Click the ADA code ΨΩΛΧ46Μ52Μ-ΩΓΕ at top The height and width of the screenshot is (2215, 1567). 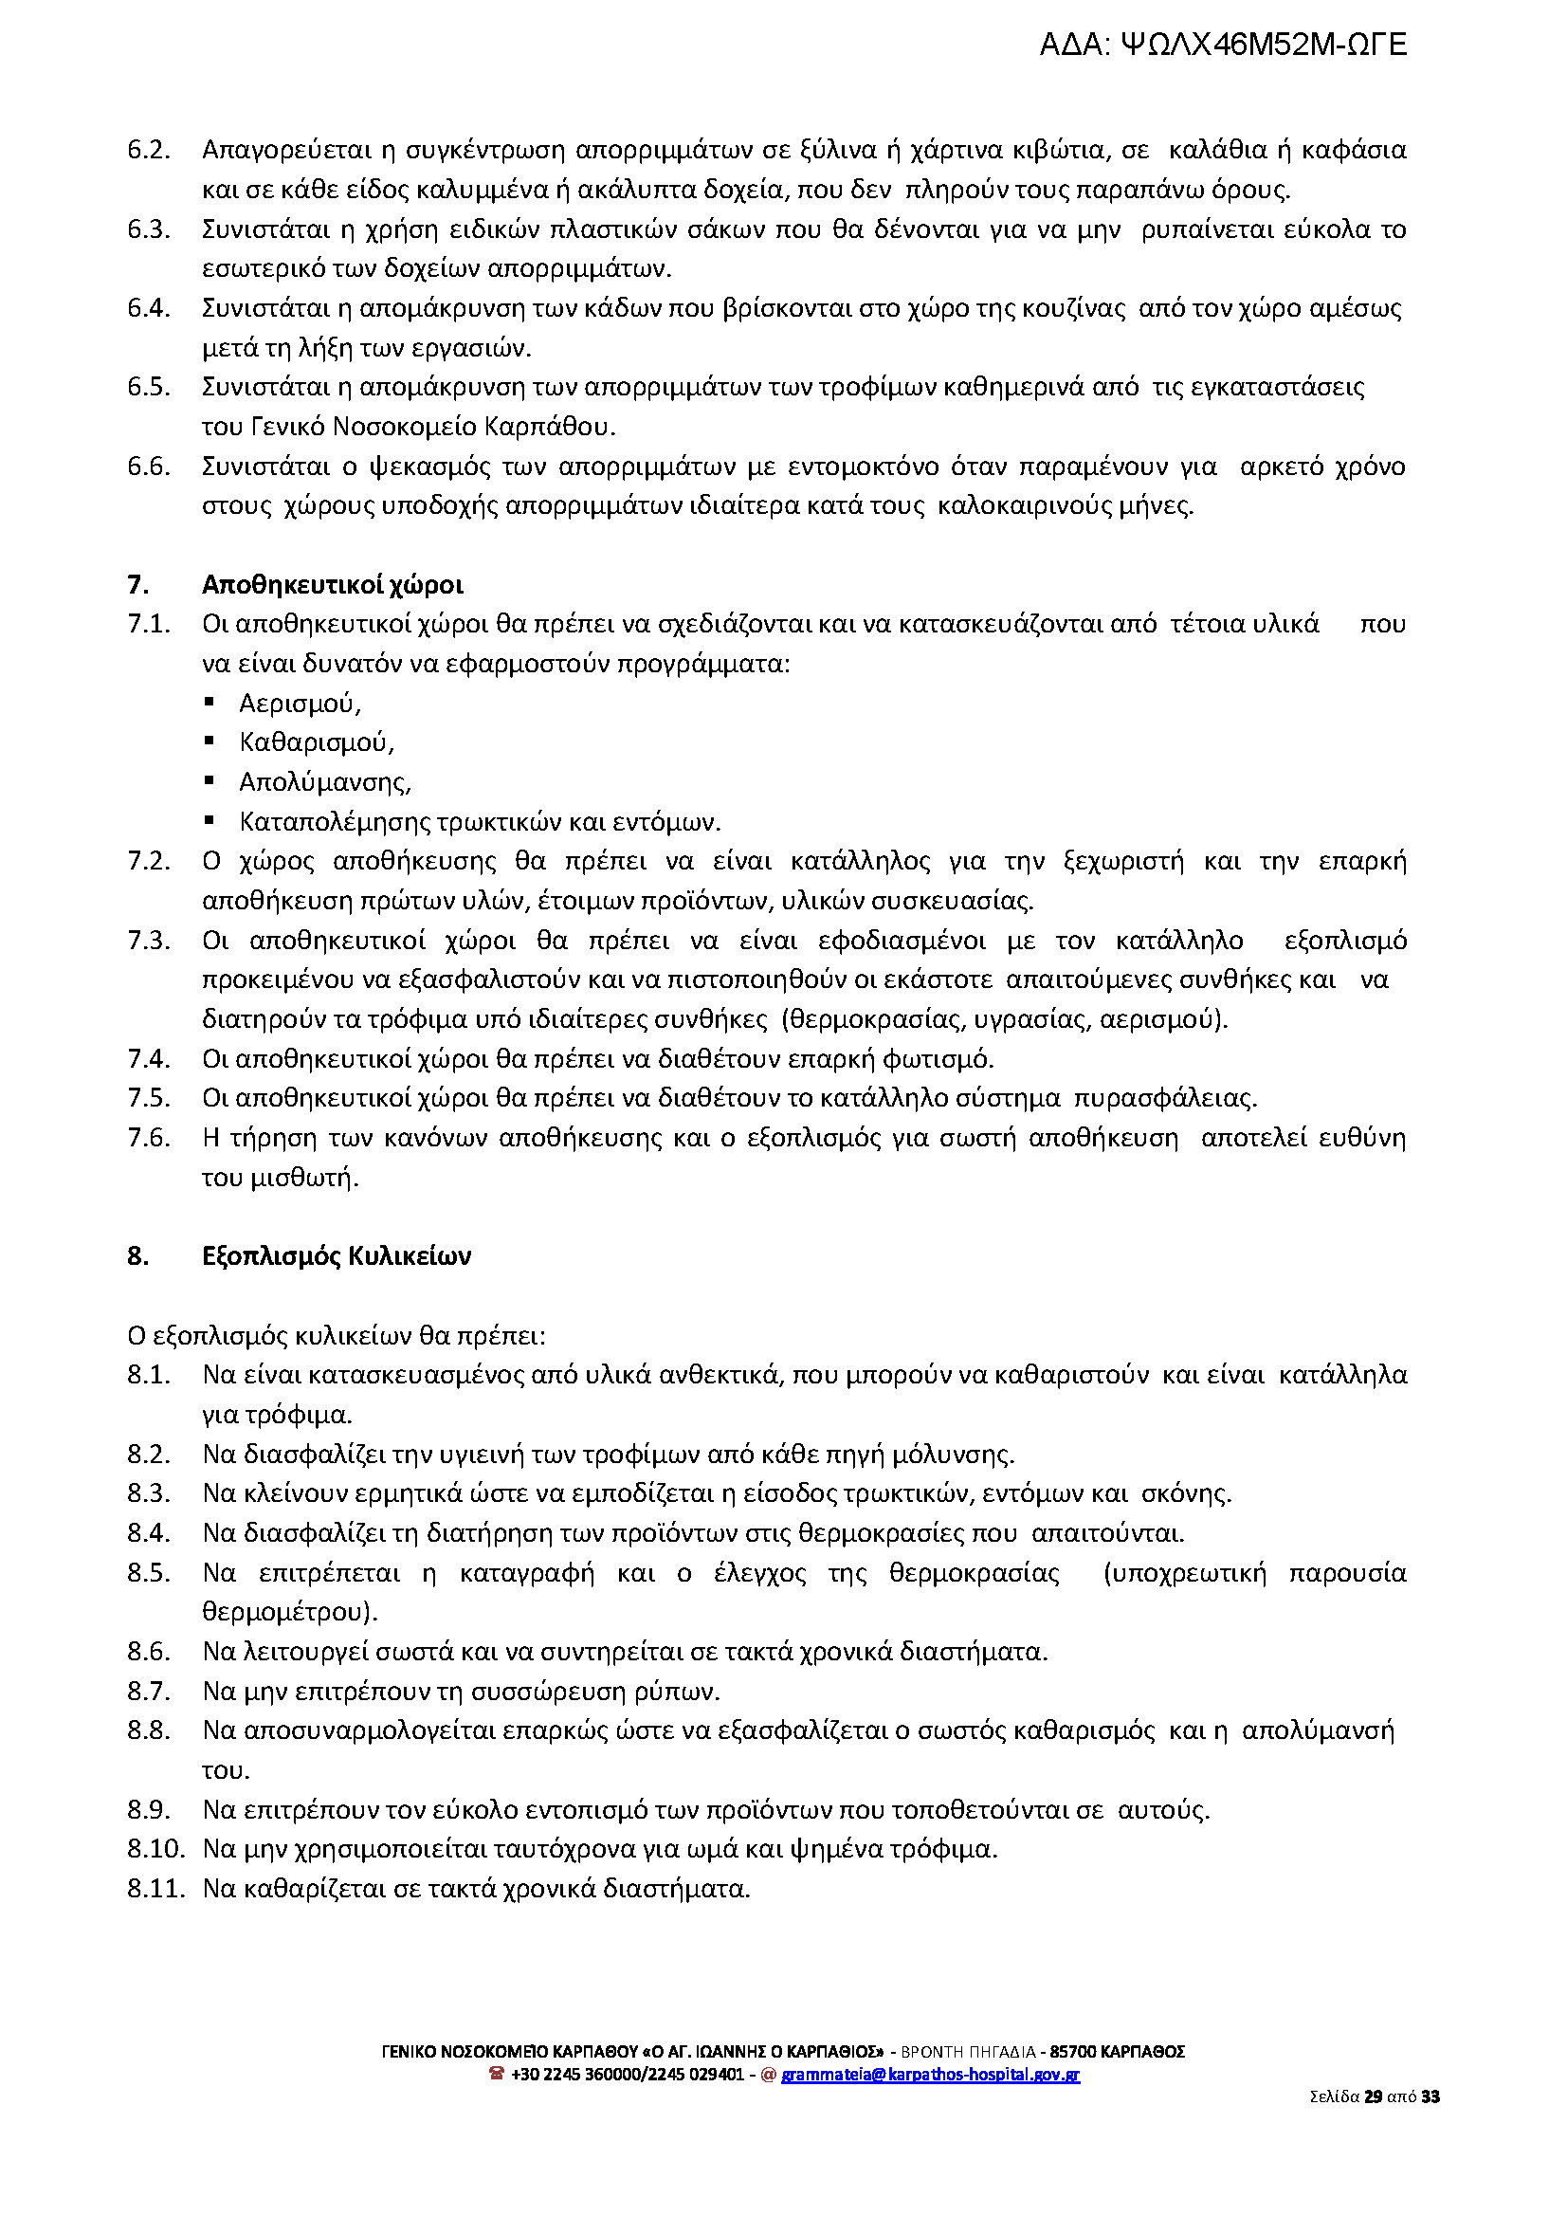click(x=1223, y=45)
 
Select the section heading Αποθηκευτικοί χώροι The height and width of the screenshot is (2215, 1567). click(x=332, y=585)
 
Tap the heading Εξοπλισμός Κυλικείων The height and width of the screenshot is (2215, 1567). click(x=336, y=1255)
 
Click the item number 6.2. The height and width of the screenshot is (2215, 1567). click(x=149, y=151)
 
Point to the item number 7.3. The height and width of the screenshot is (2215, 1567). click(x=149, y=940)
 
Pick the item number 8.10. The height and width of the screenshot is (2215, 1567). click(x=155, y=1848)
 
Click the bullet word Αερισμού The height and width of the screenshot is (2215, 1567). click(x=300, y=704)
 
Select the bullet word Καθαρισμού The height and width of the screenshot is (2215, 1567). click(x=317, y=742)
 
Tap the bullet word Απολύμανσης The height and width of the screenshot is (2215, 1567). click(x=325, y=781)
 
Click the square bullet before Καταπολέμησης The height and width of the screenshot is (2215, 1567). click(x=210, y=820)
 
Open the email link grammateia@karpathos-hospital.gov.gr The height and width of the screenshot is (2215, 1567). click(x=930, y=2074)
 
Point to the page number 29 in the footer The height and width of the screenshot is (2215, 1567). click(x=1373, y=2096)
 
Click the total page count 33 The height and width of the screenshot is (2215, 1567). click(x=1430, y=2096)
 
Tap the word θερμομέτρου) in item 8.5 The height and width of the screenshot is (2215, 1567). click(x=289, y=1612)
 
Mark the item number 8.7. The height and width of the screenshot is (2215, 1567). click(x=149, y=1691)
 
